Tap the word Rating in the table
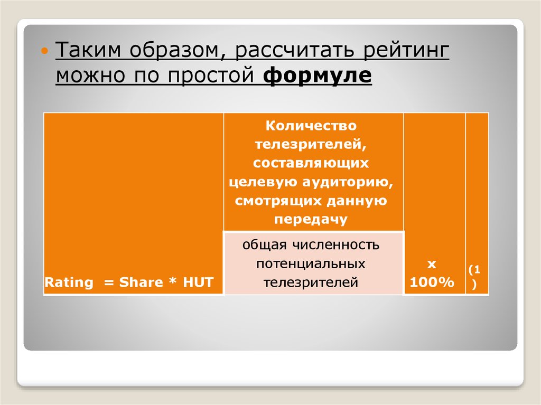pyautogui.click(x=68, y=282)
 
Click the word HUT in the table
pyautogui.click(x=198, y=282)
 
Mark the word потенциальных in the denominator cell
pyautogui.click(x=311, y=263)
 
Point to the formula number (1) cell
pyautogui.click(x=477, y=276)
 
